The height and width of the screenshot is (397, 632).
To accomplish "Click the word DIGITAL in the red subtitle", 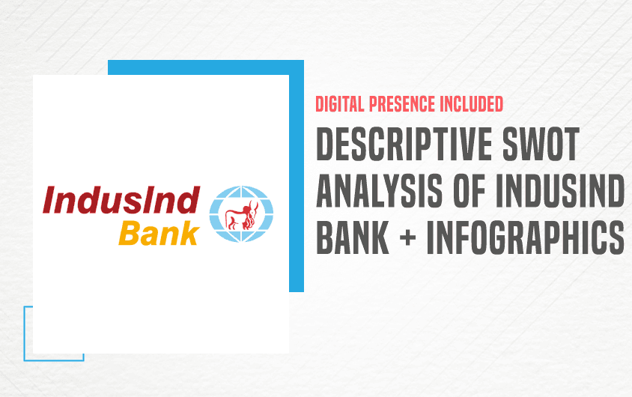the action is pyautogui.click(x=334, y=104).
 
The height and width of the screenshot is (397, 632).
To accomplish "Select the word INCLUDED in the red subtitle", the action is pyautogui.click(x=471, y=104).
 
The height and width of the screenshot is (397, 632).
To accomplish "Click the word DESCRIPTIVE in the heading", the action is pyautogui.click(x=404, y=144).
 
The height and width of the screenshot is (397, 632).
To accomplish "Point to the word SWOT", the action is pyautogui.click(x=541, y=144).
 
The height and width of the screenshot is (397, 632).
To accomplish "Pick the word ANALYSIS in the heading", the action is pyautogui.click(x=380, y=190).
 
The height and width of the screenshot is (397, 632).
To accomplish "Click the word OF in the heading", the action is pyautogui.click(x=470, y=190).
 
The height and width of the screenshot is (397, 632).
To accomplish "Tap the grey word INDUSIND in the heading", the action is pyautogui.click(x=560, y=190).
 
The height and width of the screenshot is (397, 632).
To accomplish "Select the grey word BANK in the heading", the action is pyautogui.click(x=353, y=237).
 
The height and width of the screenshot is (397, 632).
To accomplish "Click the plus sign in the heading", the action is pyautogui.click(x=408, y=237).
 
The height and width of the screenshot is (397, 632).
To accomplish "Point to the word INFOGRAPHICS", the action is pyautogui.click(x=525, y=237).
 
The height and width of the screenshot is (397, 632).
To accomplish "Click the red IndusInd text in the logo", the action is pyautogui.click(x=122, y=199).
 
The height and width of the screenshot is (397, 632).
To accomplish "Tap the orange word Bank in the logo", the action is pyautogui.click(x=159, y=234).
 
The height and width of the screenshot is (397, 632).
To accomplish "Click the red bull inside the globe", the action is pyautogui.click(x=242, y=215).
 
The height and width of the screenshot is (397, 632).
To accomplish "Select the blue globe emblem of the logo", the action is pyautogui.click(x=241, y=214).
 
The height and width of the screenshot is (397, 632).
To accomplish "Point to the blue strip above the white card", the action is pyautogui.click(x=206, y=67).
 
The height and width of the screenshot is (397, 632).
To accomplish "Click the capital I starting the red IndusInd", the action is pyautogui.click(x=49, y=199).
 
